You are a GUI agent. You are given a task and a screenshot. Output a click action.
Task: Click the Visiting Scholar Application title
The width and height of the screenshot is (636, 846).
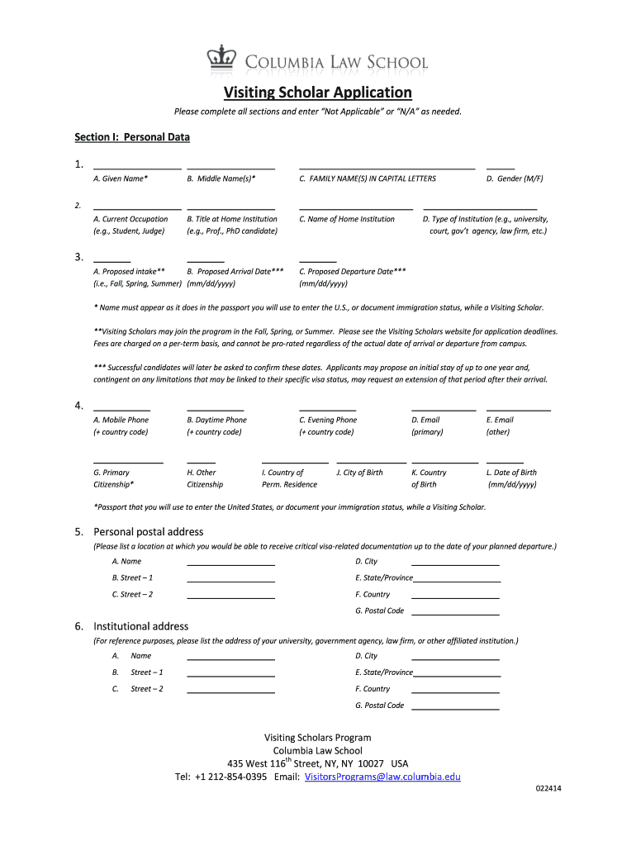click(x=318, y=92)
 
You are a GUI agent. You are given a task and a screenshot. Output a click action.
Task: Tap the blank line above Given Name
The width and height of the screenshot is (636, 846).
click(x=137, y=168)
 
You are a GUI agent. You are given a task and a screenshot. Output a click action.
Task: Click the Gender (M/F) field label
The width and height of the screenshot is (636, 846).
click(x=515, y=178)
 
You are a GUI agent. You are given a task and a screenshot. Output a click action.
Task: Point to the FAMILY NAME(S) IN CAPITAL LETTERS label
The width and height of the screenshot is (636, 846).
click(x=368, y=178)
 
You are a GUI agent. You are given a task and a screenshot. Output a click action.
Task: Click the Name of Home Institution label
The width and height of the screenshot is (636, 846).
click(x=347, y=219)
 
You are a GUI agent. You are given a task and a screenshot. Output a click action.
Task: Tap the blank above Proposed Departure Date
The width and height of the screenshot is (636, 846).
click(x=317, y=260)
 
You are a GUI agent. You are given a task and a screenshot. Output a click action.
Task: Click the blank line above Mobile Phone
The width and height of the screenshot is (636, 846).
click(x=121, y=409)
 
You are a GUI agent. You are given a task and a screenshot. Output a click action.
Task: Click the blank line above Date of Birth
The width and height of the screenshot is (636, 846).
click(x=505, y=462)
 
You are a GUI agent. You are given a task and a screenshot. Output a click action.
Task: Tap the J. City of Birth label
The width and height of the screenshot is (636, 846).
click(x=359, y=473)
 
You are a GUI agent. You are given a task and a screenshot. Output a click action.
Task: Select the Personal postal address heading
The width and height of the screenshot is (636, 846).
click(x=149, y=531)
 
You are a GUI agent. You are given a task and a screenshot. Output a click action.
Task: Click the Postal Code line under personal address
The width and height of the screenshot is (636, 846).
click(x=455, y=614)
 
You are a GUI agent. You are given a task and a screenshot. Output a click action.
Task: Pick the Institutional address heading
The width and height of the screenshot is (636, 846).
click(x=141, y=626)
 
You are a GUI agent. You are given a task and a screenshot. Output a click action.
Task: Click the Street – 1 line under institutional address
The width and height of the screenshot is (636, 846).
click(x=230, y=675)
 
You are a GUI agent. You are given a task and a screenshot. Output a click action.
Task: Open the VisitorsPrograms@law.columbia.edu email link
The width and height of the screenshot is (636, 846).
click(x=382, y=777)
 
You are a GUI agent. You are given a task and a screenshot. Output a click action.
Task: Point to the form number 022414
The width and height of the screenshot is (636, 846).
click(x=547, y=788)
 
